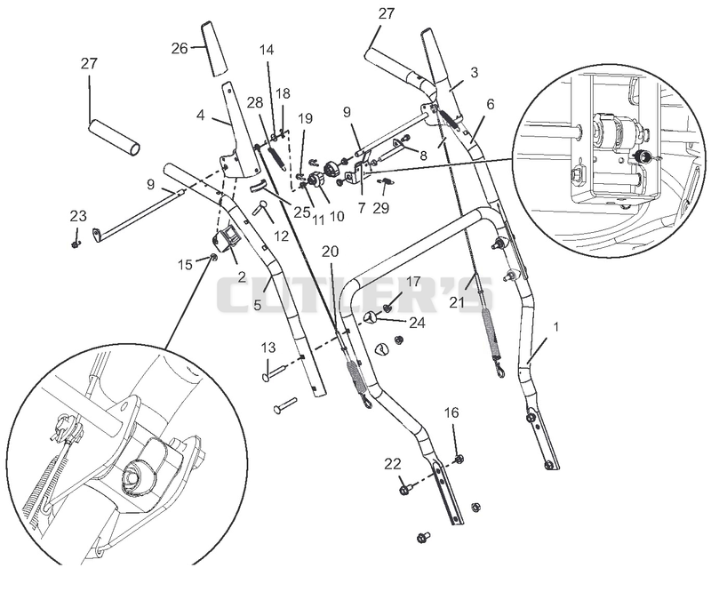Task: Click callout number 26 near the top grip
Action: pyautogui.click(x=180, y=48)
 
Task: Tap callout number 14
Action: pyautogui.click(x=267, y=50)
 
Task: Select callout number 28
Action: pyautogui.click(x=255, y=103)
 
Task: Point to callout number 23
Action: pyautogui.click(x=78, y=216)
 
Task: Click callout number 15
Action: pyautogui.click(x=185, y=265)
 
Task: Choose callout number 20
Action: pyautogui.click(x=330, y=252)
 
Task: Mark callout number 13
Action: pyautogui.click(x=268, y=348)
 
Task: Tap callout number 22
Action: pyautogui.click(x=393, y=464)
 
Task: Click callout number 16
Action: pyautogui.click(x=451, y=412)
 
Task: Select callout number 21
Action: pyautogui.click(x=457, y=301)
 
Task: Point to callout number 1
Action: pyautogui.click(x=556, y=326)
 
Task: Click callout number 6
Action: pyautogui.click(x=491, y=104)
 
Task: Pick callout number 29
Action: pyautogui.click(x=381, y=208)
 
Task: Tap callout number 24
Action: pyautogui.click(x=417, y=323)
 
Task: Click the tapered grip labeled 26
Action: pyautogui.click(x=214, y=49)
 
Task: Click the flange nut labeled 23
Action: pyautogui.click(x=76, y=245)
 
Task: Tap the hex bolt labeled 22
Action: pyautogui.click(x=405, y=490)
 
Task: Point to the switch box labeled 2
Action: pyautogui.click(x=226, y=239)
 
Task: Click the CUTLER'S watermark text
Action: pyautogui.click(x=354, y=295)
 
